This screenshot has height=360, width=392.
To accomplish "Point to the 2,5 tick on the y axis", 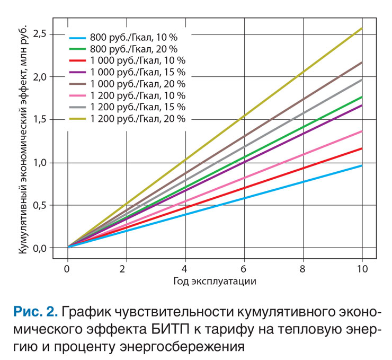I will point(40,34).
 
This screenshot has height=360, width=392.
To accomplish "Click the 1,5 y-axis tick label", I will point(40,120).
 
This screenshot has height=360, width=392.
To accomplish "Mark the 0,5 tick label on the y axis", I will point(40,205).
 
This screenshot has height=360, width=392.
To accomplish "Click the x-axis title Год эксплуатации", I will point(215,281).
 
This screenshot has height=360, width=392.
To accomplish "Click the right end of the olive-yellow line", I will point(362,28).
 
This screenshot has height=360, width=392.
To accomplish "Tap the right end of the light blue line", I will point(362,165).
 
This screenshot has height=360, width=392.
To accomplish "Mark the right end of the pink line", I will point(362,131).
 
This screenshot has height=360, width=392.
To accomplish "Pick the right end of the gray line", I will point(362,80).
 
